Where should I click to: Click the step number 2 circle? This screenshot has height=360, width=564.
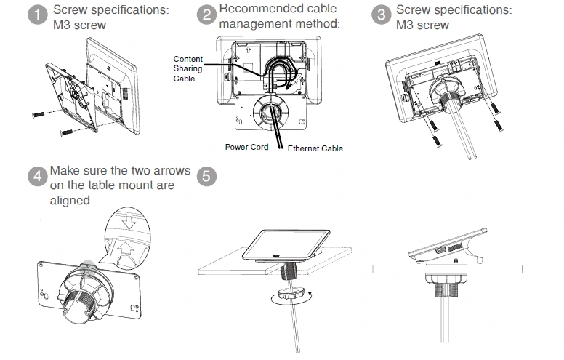click(207, 15)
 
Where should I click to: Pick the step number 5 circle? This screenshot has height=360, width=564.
click(207, 177)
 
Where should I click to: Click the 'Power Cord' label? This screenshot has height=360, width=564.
click(246, 147)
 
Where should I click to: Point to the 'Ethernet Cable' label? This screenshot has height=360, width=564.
click(315, 148)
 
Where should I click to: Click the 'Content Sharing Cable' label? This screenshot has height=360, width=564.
click(188, 68)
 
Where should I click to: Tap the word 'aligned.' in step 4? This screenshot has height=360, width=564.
click(72, 200)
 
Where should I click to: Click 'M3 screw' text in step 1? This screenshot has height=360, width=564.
click(79, 25)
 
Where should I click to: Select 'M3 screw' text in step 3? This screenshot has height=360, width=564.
click(422, 25)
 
